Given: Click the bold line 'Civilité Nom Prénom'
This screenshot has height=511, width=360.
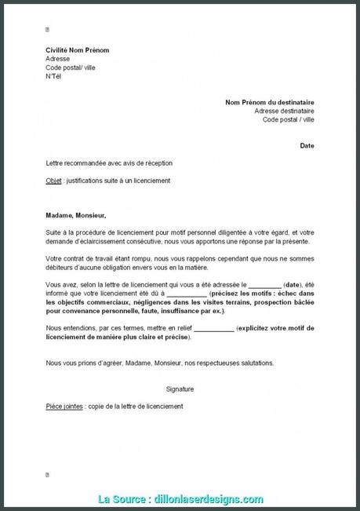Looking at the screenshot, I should tap(77, 50).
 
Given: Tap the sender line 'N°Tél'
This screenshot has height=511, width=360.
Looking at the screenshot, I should tap(53, 76).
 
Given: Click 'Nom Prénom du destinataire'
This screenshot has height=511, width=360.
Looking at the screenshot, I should tap(269, 102).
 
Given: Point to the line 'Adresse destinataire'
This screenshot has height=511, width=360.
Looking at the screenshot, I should tap(284, 111).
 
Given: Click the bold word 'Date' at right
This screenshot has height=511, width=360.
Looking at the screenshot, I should tap(307, 145).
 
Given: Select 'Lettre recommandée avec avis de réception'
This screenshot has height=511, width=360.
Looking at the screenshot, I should tap(109, 163).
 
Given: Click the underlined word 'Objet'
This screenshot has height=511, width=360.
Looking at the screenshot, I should tap(54, 181).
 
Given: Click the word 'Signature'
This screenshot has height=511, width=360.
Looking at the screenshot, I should tap(180, 389).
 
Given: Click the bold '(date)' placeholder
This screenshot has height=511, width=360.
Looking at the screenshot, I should tap(293, 285).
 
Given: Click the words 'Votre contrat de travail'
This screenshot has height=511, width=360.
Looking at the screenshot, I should tap(82, 258).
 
